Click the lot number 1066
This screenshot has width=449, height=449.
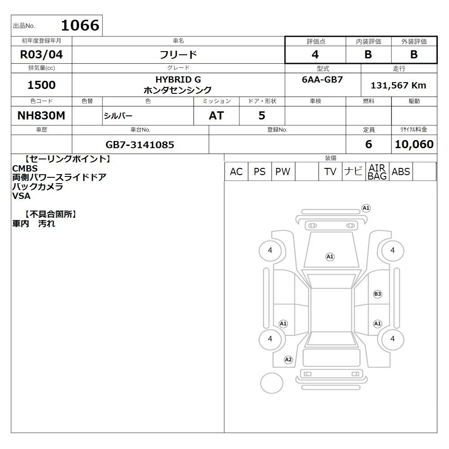(x=80, y=25)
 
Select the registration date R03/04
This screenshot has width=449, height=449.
(x=41, y=54)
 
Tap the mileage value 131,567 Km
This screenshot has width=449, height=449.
(x=398, y=85)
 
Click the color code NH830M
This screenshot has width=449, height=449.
(x=41, y=115)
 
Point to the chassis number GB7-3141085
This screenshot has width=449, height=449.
(x=140, y=145)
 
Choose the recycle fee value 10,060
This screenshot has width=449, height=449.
(x=414, y=144)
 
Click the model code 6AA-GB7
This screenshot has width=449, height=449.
(x=322, y=79)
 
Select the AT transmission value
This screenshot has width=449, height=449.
(x=216, y=115)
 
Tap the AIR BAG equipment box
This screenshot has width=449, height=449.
(x=377, y=172)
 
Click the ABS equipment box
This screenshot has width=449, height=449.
(x=401, y=172)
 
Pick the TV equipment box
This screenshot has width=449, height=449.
(x=330, y=172)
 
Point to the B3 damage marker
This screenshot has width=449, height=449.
(x=378, y=294)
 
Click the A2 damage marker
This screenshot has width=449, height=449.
(x=288, y=360)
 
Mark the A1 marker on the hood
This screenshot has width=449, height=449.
(x=330, y=256)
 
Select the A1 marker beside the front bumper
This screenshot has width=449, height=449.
(x=366, y=208)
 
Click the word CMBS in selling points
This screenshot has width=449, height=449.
(x=25, y=168)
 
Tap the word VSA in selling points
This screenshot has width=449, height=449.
(x=21, y=196)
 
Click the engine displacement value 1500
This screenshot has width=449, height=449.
(x=41, y=85)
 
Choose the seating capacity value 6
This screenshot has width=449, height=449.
(x=369, y=144)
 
